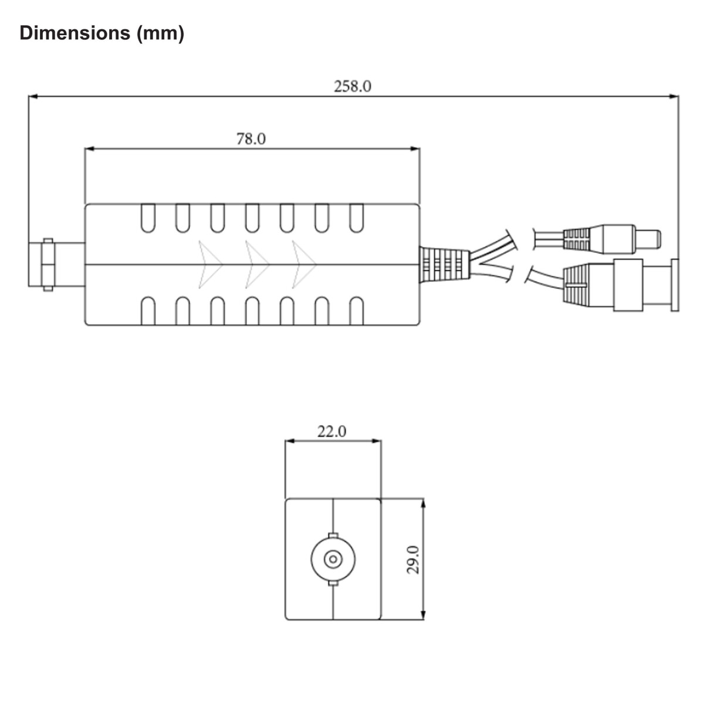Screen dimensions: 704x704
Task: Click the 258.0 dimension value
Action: coord(353,86)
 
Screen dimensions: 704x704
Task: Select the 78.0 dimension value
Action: coord(251,139)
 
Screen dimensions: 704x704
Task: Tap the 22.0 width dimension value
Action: coord(332,431)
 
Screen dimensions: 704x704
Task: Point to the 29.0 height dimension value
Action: coord(414,559)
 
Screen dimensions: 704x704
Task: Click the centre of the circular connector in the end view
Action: coord(333,559)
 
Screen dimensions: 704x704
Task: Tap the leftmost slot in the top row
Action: coord(148,218)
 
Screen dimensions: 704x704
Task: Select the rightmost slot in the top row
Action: coord(356,218)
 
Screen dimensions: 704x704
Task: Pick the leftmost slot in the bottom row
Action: coord(148,311)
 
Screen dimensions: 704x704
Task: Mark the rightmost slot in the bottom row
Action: coord(356,311)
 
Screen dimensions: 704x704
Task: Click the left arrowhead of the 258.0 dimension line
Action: coord(33,96)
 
